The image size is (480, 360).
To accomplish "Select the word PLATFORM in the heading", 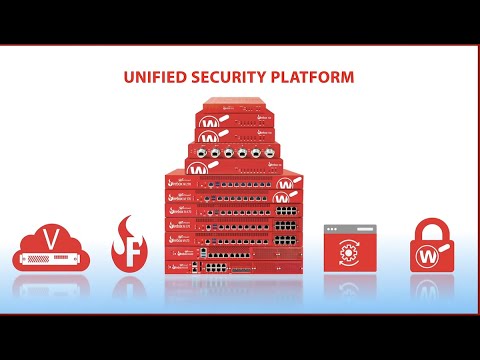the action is tap(312, 76).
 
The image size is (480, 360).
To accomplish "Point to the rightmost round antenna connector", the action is tap(273, 155).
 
